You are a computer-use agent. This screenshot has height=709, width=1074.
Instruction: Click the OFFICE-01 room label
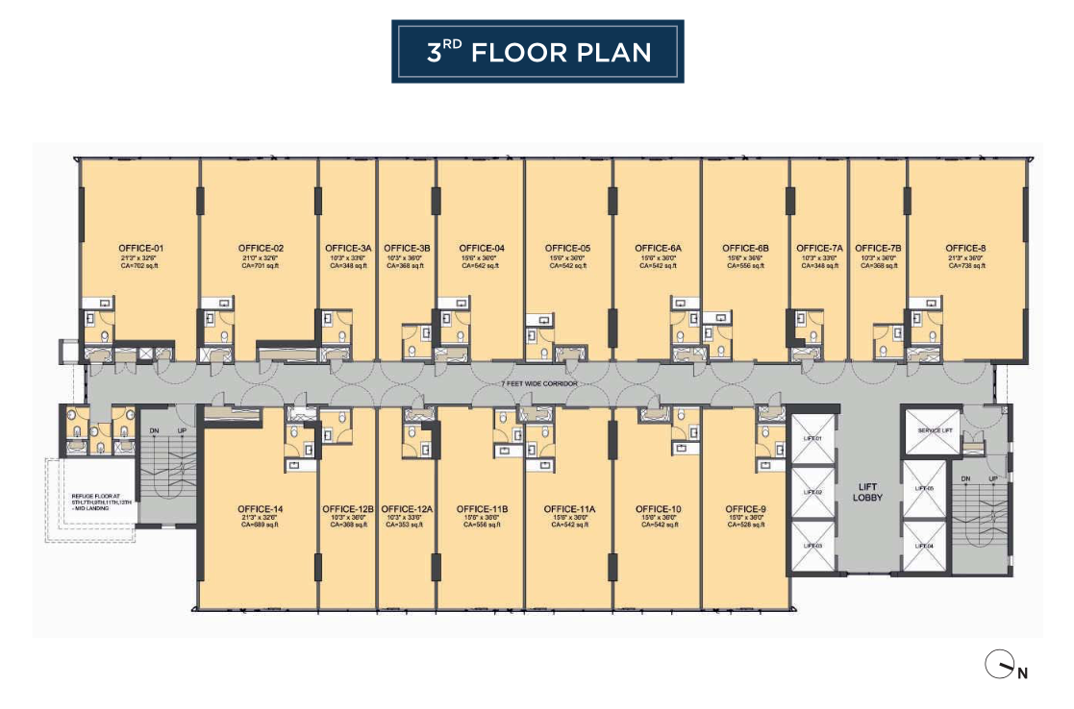point(140,249)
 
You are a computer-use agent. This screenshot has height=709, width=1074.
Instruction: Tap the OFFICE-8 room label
point(965,249)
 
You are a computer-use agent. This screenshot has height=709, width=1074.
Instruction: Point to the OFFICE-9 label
point(745,509)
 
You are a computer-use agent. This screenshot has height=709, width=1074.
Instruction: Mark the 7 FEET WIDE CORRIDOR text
point(537,383)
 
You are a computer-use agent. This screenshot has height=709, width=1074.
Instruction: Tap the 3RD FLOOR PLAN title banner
point(537,52)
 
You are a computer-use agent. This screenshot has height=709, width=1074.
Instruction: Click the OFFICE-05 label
point(567,249)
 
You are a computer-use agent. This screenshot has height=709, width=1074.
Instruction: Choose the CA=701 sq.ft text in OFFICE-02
point(260,266)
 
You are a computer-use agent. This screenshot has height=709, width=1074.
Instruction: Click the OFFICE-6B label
point(745,249)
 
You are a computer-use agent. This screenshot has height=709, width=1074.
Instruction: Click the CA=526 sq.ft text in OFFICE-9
point(745,526)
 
